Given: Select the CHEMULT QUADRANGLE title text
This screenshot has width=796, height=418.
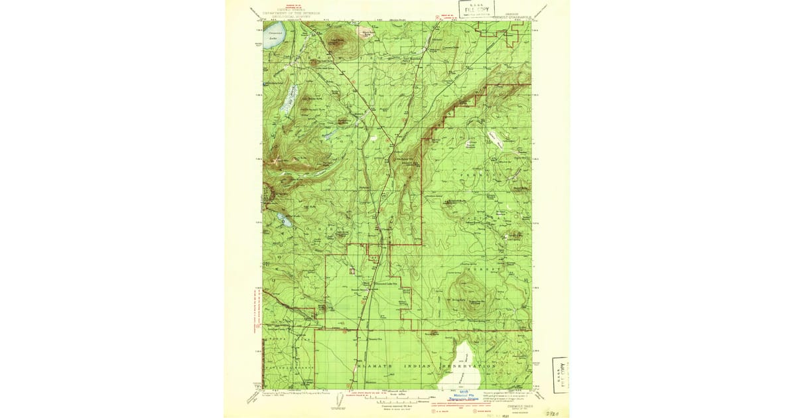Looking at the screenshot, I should (511, 18).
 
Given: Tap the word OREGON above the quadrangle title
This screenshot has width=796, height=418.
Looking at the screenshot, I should (511, 13).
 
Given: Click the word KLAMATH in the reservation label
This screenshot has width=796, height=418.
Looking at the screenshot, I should (380, 366).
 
